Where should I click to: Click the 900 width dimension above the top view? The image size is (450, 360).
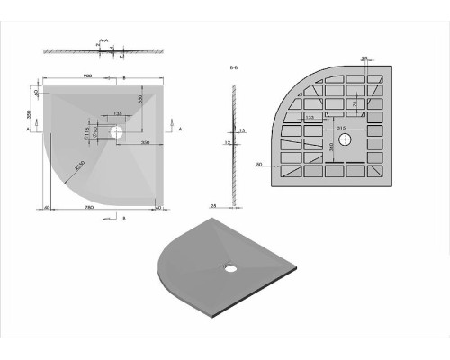[86, 76]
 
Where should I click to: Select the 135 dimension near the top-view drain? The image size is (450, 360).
[118, 113]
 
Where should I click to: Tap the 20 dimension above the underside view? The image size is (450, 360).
[389, 58]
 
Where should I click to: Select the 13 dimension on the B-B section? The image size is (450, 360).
[243, 130]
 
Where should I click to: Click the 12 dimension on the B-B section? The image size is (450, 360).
[228, 142]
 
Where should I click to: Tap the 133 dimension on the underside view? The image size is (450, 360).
[310, 117]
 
